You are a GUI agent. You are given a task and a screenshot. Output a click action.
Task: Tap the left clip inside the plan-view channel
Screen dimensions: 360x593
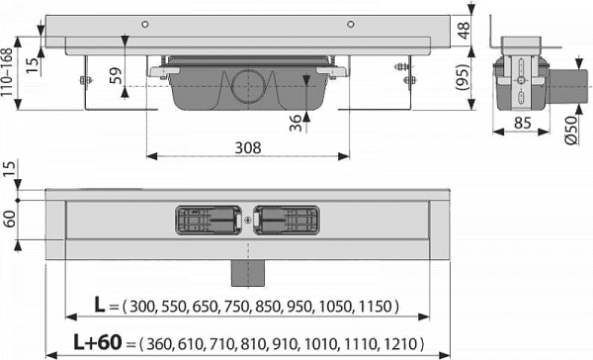[x=209, y=219]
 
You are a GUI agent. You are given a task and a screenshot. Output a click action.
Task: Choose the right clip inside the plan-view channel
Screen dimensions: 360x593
[x=288, y=219]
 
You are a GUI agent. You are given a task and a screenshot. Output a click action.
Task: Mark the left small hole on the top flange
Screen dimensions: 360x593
[x=145, y=22]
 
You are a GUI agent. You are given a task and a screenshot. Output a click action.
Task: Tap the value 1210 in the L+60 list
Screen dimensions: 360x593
[x=404, y=343]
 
